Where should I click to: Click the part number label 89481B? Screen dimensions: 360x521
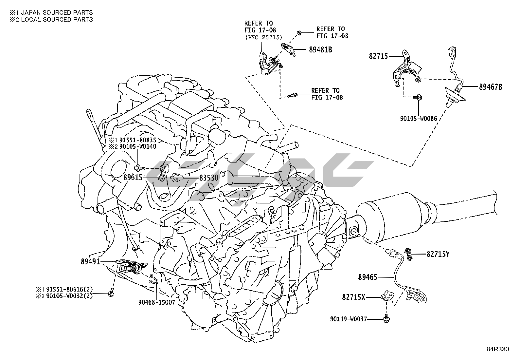click(320, 50)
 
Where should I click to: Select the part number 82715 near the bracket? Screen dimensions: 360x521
click(378, 56)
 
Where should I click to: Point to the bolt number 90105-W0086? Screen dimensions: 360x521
click(418, 119)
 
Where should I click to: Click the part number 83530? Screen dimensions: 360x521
click(209, 178)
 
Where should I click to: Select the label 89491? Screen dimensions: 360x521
click(91, 262)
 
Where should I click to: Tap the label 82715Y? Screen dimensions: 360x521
click(438, 254)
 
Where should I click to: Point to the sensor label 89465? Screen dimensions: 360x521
click(368, 277)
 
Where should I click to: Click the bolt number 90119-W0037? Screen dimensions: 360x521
click(349, 318)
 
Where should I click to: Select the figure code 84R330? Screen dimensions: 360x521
click(497, 349)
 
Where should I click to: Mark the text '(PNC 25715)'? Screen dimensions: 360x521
click(263, 38)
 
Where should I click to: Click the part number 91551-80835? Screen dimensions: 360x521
click(137, 140)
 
